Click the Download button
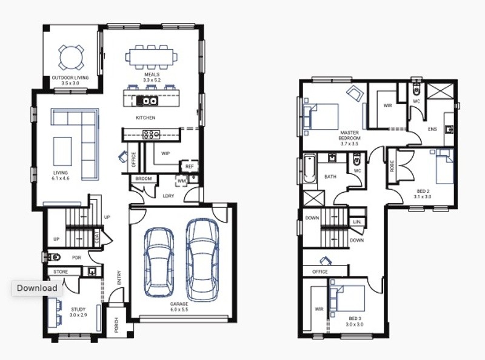pyautogui.click(x=37, y=288)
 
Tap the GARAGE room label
pyautogui.click(x=179, y=304)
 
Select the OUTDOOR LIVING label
pyautogui.click(x=70, y=78)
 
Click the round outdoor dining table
pyautogui.click(x=71, y=58)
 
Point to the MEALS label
pyautogui.click(x=152, y=75)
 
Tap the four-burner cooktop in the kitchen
pyautogui.click(x=151, y=135)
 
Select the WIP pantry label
pyautogui.click(x=166, y=153)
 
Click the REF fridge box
pyautogui.click(x=189, y=167)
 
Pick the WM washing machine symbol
pyautogui.click(x=181, y=181)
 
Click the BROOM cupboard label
pyautogui.click(x=144, y=179)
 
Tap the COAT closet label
pyautogui.click(x=97, y=237)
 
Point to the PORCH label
pyautogui.click(x=116, y=325)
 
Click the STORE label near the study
pyautogui.click(x=61, y=272)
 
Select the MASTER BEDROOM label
pyautogui.click(x=350, y=136)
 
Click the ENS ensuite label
pyautogui.click(x=432, y=129)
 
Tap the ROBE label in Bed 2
pyautogui.click(x=392, y=166)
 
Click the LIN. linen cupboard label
pyautogui.click(x=356, y=222)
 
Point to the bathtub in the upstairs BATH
pyautogui.click(x=310, y=170)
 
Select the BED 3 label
pyautogui.click(x=355, y=318)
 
